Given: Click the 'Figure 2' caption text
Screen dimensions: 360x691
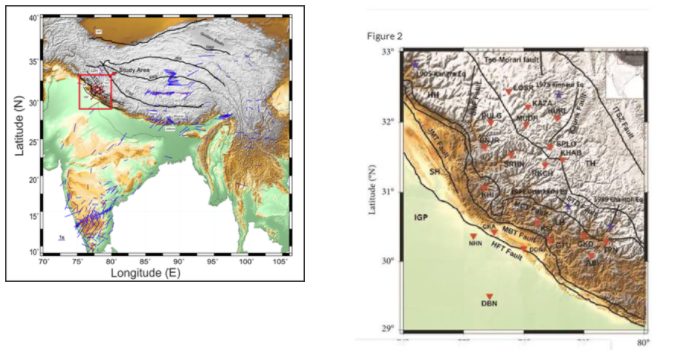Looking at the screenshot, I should tap(386, 36).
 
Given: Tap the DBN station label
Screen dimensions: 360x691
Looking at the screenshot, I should tap(489, 303).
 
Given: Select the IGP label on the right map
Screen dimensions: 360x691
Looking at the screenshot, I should tap(420, 216).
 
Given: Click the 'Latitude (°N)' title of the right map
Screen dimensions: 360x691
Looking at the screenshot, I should tap(373, 190).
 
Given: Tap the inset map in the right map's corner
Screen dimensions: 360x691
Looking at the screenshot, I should tap(624, 69).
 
